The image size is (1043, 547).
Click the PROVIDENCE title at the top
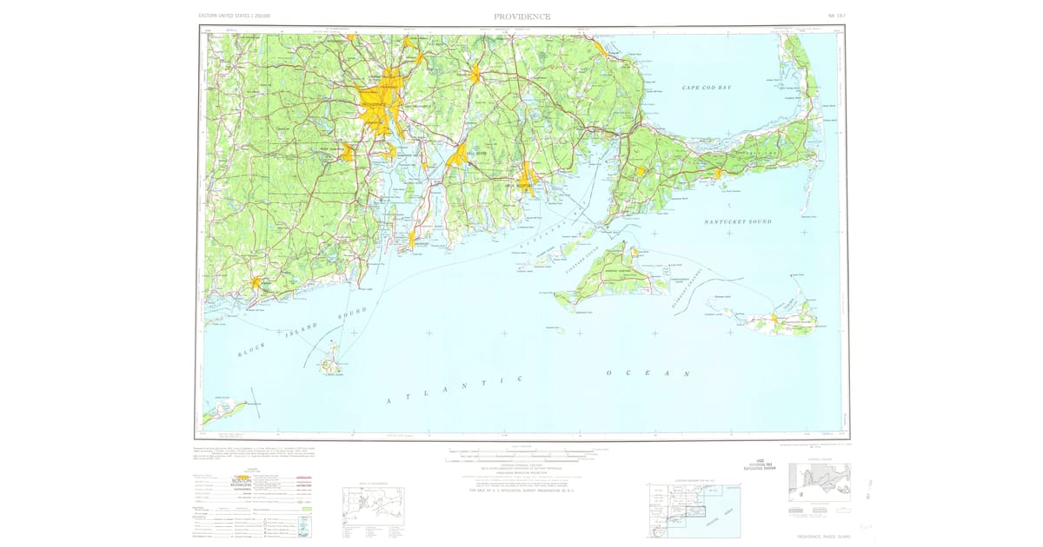[521, 16]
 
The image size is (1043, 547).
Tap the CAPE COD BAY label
[704, 88]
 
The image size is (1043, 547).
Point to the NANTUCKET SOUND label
[737, 222]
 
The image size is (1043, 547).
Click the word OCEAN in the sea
[648, 373]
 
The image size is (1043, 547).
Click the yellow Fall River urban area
[457, 158]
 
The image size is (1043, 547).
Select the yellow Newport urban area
[412, 240]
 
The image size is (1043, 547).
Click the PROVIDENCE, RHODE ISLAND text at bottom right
[817, 536]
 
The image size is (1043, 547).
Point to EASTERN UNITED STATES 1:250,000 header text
[235, 16]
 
